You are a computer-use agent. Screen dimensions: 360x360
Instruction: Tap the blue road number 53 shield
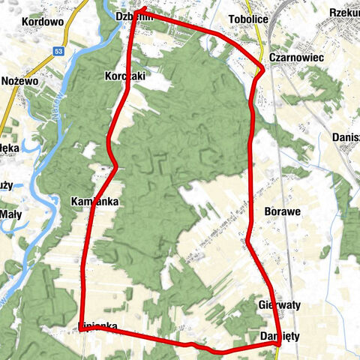[x=58, y=52]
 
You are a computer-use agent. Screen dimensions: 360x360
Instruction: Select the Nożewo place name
[x=19, y=80]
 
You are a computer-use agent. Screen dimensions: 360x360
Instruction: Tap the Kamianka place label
[x=95, y=202]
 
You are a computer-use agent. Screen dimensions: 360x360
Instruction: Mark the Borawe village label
[x=283, y=211]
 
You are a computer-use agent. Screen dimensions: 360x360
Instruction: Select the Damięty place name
[x=280, y=337]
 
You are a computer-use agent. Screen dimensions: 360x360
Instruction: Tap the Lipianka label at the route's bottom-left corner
[x=98, y=325]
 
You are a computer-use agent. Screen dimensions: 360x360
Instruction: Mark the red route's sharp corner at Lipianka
[x=82, y=328]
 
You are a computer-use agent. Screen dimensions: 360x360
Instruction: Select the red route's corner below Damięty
[x=280, y=346]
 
